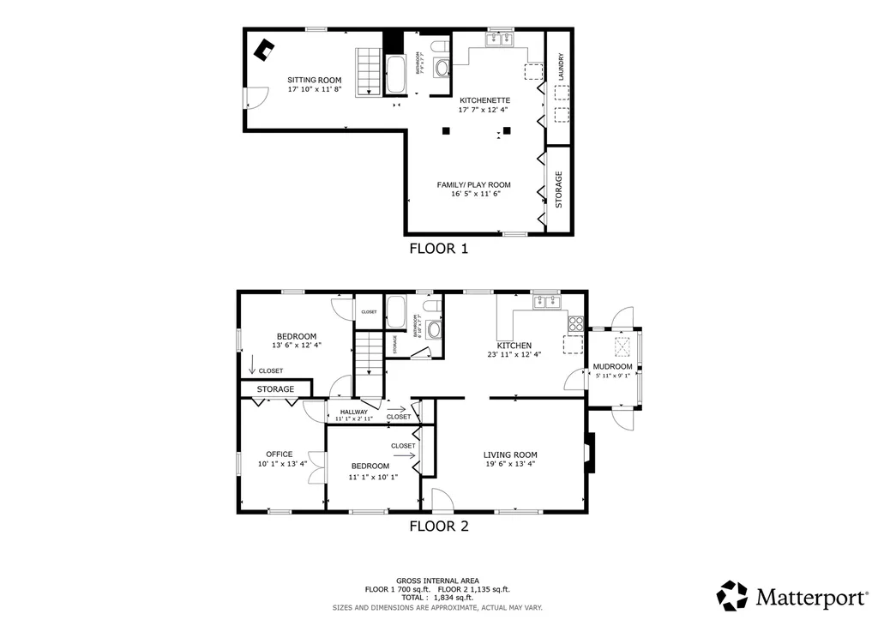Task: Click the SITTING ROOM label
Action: pyautogui.click(x=314, y=81)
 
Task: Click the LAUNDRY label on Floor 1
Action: pyautogui.click(x=561, y=69)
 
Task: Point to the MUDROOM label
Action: pyautogui.click(x=612, y=366)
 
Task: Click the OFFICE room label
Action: pyautogui.click(x=279, y=454)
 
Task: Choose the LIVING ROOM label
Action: pyautogui.click(x=509, y=455)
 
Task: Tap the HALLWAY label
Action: pyautogui.click(x=353, y=412)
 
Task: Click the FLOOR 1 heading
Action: pyautogui.click(x=438, y=250)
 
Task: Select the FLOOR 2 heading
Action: pyautogui.click(x=438, y=526)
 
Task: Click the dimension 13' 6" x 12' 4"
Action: pyautogui.click(x=296, y=345)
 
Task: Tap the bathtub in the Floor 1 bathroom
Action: pyautogui.click(x=396, y=75)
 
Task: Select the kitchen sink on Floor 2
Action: pyautogui.click(x=546, y=301)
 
